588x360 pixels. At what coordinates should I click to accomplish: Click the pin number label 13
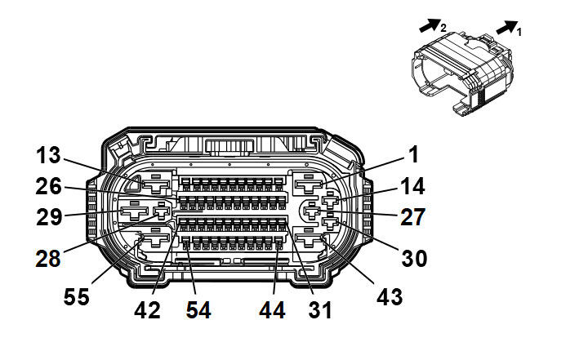[x=48, y=155]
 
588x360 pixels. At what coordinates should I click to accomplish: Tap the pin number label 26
[x=48, y=186]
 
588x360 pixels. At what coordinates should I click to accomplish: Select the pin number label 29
[x=49, y=217]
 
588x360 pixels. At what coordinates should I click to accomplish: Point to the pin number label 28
[x=48, y=259]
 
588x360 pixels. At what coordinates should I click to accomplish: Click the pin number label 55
[x=77, y=296]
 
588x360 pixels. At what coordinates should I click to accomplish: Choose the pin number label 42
[x=147, y=310]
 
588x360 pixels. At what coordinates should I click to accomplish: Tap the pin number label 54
[x=198, y=310]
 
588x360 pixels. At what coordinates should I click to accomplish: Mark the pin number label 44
[x=272, y=310]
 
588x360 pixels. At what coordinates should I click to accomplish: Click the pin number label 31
[x=320, y=310]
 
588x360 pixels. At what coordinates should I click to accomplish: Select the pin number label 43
[x=390, y=296]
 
